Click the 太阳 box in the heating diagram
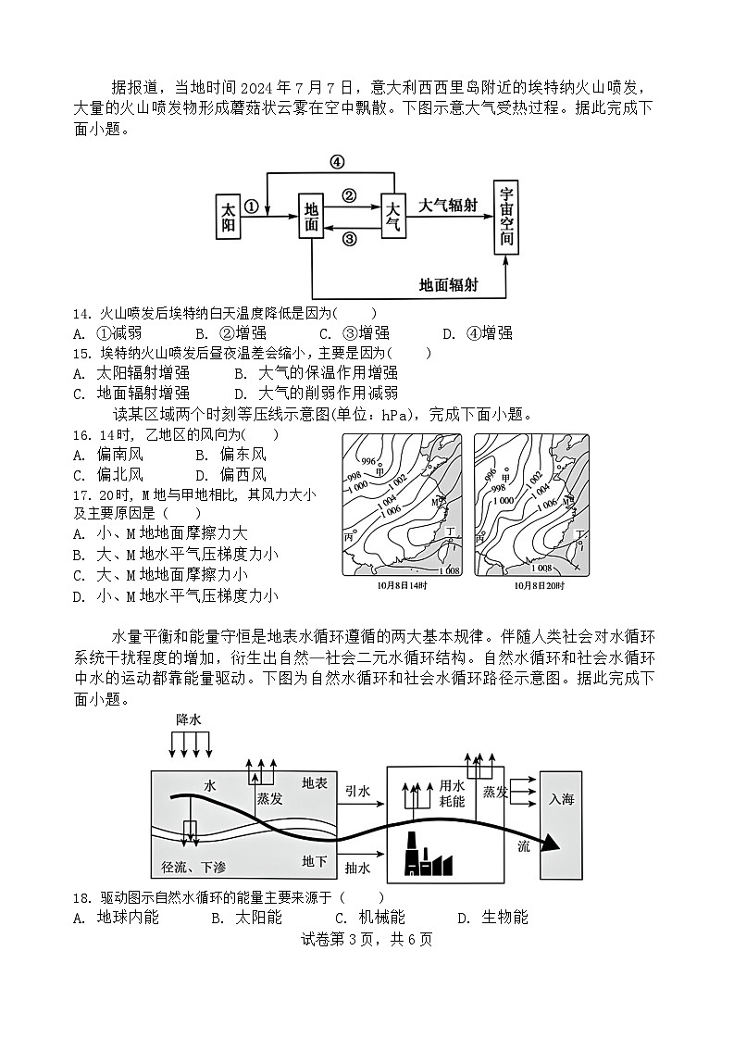228,218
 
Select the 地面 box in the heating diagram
312,218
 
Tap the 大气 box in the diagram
393,218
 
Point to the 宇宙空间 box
506,217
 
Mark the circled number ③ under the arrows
349,239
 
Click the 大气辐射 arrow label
448,206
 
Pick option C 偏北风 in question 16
108,474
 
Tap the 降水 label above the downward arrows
189,719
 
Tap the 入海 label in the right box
561,799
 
